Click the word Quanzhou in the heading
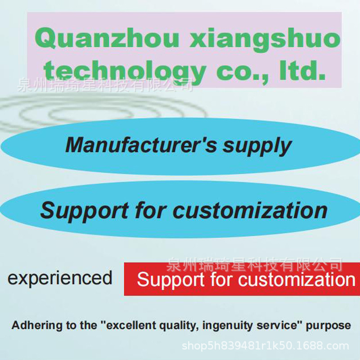coord(107,39)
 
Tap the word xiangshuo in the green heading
coord(265,39)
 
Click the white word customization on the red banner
coord(297,279)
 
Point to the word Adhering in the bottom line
coord(36,325)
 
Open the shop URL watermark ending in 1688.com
coord(265,346)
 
